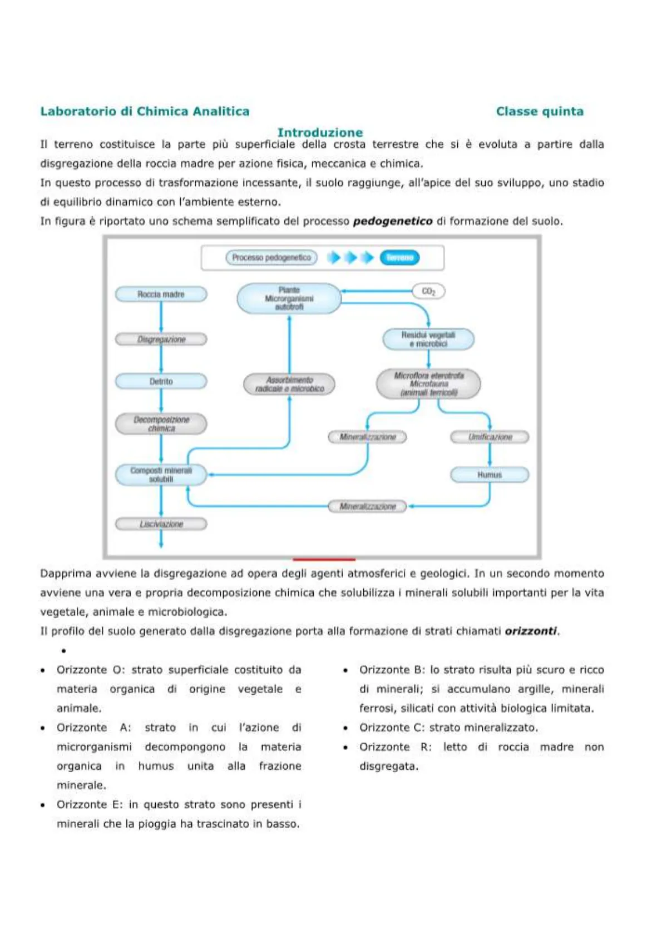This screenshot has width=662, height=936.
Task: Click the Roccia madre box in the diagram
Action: (x=161, y=294)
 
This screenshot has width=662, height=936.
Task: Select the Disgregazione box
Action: (x=161, y=339)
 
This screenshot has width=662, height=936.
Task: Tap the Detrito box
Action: (x=161, y=381)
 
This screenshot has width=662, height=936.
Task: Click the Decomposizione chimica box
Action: (x=161, y=424)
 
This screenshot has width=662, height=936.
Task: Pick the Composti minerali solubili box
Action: (x=161, y=475)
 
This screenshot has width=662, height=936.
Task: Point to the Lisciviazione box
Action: (x=161, y=524)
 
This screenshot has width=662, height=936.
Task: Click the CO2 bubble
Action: (x=428, y=291)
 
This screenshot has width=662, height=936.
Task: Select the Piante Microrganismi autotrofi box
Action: (x=289, y=298)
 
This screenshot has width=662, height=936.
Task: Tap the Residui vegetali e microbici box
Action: (x=428, y=339)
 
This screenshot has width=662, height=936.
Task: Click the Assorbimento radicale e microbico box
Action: (x=289, y=384)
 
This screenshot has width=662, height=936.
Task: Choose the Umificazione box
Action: (x=490, y=437)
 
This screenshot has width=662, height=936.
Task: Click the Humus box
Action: (x=490, y=475)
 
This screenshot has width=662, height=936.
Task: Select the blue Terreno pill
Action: (x=399, y=258)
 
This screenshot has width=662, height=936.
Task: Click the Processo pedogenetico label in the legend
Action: (x=271, y=258)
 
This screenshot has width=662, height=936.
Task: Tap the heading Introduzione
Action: (x=320, y=132)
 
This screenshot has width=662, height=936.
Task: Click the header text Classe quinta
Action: (x=540, y=111)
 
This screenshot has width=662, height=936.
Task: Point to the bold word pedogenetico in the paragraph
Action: (x=393, y=221)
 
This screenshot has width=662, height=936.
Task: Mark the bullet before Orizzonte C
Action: (x=345, y=728)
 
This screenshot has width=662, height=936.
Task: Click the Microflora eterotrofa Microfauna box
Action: (x=428, y=384)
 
